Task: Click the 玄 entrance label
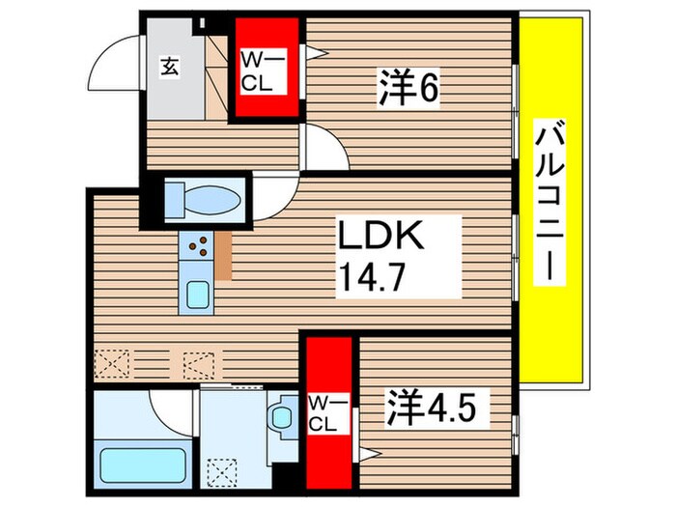169,67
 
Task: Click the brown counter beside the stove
224,255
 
